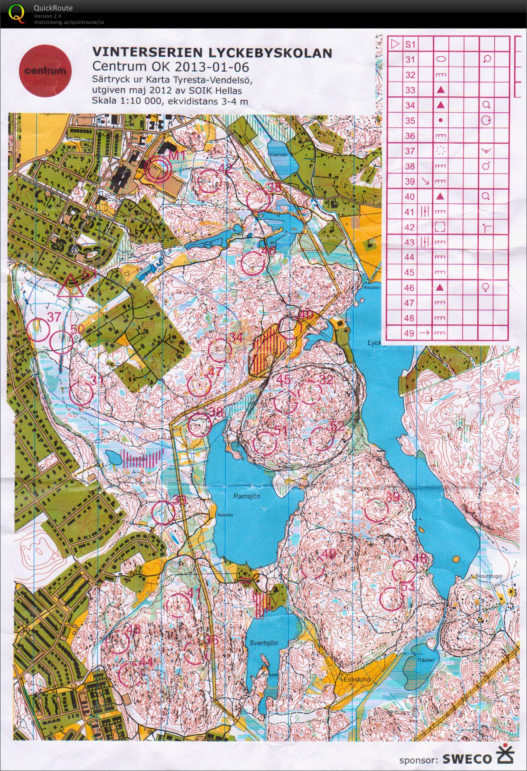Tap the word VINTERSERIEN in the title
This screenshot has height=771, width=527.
click(146, 53)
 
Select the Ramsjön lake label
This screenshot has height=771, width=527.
click(246, 496)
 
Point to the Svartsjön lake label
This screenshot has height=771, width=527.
click(263, 643)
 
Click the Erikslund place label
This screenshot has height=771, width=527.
click(357, 679)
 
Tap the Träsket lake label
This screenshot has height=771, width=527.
click(425, 660)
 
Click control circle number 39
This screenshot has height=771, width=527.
click(376, 510)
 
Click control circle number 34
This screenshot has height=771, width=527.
click(220, 350)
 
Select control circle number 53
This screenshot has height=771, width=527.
click(391, 599)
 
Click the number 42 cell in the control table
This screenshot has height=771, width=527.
click(410, 227)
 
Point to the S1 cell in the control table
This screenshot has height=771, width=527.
click(410, 44)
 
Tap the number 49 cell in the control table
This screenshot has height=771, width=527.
click(410, 333)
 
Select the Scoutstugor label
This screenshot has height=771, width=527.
click(489, 576)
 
